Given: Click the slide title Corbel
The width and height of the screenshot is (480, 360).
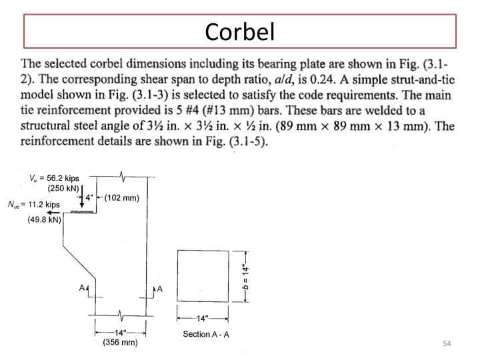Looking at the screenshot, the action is pos(239,31).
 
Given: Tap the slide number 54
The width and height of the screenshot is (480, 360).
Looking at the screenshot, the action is pos(447,343).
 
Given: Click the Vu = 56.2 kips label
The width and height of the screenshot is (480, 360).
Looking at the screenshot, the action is pos(54,178).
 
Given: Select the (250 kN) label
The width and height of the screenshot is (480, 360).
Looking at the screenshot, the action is pos(64,188).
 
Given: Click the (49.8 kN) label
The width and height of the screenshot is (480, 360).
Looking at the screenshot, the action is pos(45,219).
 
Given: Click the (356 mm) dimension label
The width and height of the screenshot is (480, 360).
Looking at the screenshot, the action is pos(120,343).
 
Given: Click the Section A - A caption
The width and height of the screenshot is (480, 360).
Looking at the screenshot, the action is pos(206,334).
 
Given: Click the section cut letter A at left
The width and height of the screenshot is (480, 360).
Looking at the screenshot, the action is pos(81,288).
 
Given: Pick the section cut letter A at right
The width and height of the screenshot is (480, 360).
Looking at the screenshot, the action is pos(159,288).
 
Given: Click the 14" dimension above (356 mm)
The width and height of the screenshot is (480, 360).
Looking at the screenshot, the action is pos(120,332).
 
